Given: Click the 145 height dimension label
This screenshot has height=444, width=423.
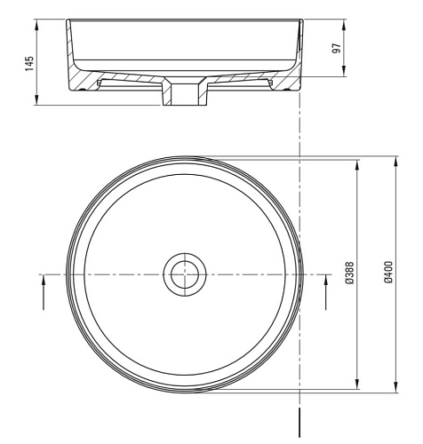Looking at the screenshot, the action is pos(29,64).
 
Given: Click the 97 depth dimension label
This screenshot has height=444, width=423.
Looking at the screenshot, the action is pos(336,48).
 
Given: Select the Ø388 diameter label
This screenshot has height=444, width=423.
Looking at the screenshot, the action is pos(349,273).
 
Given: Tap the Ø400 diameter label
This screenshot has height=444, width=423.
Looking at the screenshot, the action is pos(388,272).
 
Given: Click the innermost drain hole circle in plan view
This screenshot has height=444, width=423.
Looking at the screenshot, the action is pos(185,274).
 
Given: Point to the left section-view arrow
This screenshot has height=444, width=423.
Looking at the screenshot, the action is pos(44,292).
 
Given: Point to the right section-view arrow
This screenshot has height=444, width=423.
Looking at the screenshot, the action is pos(326,292).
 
